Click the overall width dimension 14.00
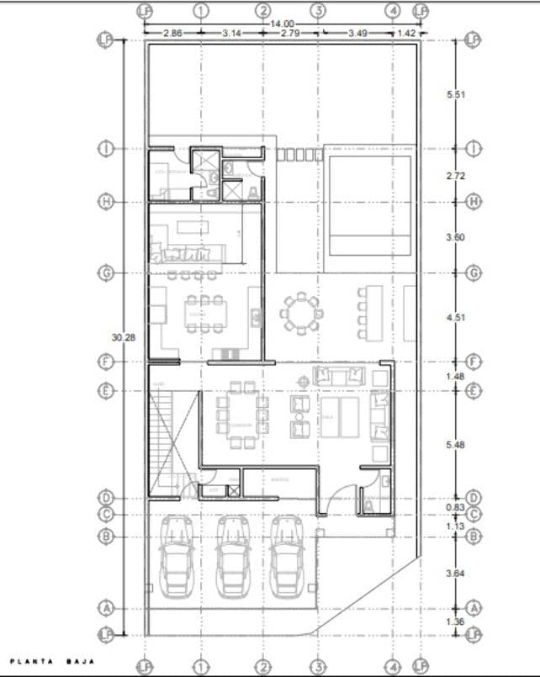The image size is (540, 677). point(282,24)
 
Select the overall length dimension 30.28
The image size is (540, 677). point(122,336)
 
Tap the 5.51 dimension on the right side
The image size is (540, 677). point(455,94)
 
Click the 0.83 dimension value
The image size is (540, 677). point(455,506)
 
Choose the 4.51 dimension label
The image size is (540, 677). point(455,317)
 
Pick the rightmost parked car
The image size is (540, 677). point(287,555)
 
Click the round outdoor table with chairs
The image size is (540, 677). point(299,314)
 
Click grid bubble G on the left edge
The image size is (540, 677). point(106,273)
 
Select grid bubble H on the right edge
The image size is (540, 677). point(474,202)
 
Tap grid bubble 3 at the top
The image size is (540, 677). point(319,11)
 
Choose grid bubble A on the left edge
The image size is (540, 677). point(106,607)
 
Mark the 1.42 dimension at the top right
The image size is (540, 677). point(406,33)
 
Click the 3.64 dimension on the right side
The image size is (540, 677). point(455,572)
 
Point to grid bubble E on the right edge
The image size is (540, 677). point(474,391)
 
